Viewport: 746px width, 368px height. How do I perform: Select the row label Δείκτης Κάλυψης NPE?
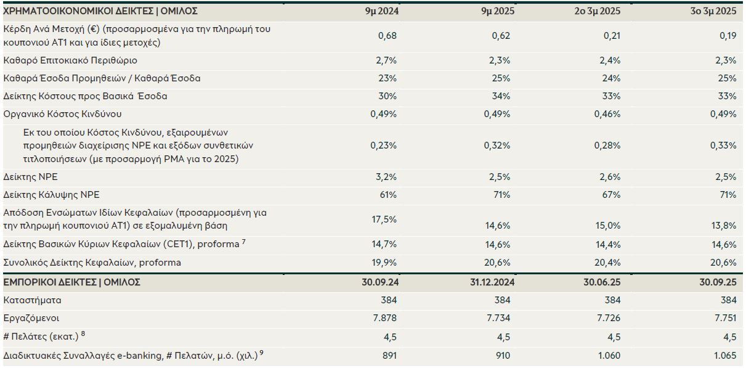point(51,195)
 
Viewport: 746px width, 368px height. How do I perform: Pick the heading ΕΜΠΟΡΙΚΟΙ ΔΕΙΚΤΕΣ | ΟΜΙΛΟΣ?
point(72,282)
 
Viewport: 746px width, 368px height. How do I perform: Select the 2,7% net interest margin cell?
point(386,60)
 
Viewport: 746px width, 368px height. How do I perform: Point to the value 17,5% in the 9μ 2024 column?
point(384,219)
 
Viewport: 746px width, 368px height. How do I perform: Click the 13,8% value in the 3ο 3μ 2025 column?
point(723,226)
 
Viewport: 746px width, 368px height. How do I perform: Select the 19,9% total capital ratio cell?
point(384,263)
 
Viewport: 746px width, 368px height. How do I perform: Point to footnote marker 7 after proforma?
point(244,242)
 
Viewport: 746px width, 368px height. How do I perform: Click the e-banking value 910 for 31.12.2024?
point(502,355)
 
